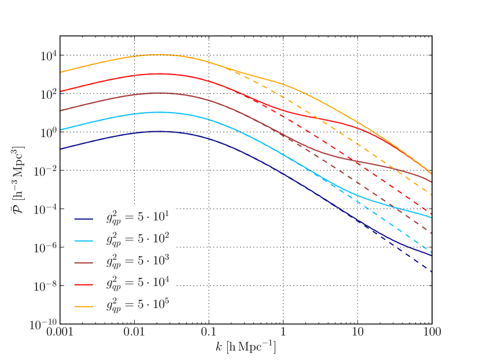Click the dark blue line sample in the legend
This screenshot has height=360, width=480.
click(x=83, y=219)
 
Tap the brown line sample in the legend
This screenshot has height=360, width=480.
click(x=83, y=263)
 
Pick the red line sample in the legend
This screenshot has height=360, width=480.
click(x=83, y=285)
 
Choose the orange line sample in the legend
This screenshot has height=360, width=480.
click(x=83, y=307)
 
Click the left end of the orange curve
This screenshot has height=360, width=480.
click(x=61, y=72)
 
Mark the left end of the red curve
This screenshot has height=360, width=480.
click(x=61, y=91)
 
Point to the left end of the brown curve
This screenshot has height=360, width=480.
click(x=61, y=110)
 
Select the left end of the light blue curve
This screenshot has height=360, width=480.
click(x=61, y=129)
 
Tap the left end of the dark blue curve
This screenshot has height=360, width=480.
click(x=61, y=149)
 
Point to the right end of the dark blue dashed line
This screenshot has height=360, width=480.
click(x=431, y=270)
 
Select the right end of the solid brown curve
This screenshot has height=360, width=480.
click(x=431, y=182)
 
